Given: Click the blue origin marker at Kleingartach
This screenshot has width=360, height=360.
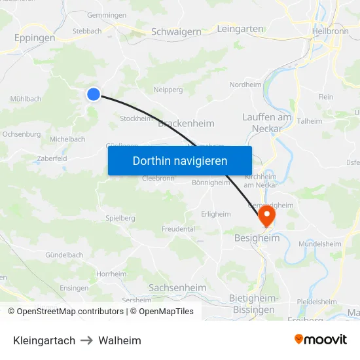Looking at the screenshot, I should coord(94,94).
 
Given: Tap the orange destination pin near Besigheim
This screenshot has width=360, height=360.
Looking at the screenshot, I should coord(267,215).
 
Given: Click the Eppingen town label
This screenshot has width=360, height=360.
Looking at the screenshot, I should coord(35,38).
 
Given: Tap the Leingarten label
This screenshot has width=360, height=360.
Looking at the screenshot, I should coord(240,29).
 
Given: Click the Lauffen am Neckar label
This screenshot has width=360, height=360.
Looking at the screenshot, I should coord(267,122).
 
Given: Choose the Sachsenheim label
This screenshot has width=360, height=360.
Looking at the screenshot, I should coord(177,287).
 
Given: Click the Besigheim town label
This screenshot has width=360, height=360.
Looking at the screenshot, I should coord(257,238).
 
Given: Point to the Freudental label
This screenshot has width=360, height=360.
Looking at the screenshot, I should coord(178,229).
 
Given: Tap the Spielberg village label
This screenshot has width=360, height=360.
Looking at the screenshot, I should coord(120,217).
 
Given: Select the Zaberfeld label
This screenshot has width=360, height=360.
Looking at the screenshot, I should coord(53,158).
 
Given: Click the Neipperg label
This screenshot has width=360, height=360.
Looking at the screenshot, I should coord(168,90).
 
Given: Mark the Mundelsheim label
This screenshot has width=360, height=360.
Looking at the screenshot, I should coord(319,243).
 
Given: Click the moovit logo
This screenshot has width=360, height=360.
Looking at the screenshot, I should coord(321,340).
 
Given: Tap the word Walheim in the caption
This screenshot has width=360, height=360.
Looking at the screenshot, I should coord(120,340).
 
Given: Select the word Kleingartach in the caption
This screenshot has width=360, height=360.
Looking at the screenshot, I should coord(44,340).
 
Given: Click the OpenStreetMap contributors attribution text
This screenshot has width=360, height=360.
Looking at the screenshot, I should coord(69,312).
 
